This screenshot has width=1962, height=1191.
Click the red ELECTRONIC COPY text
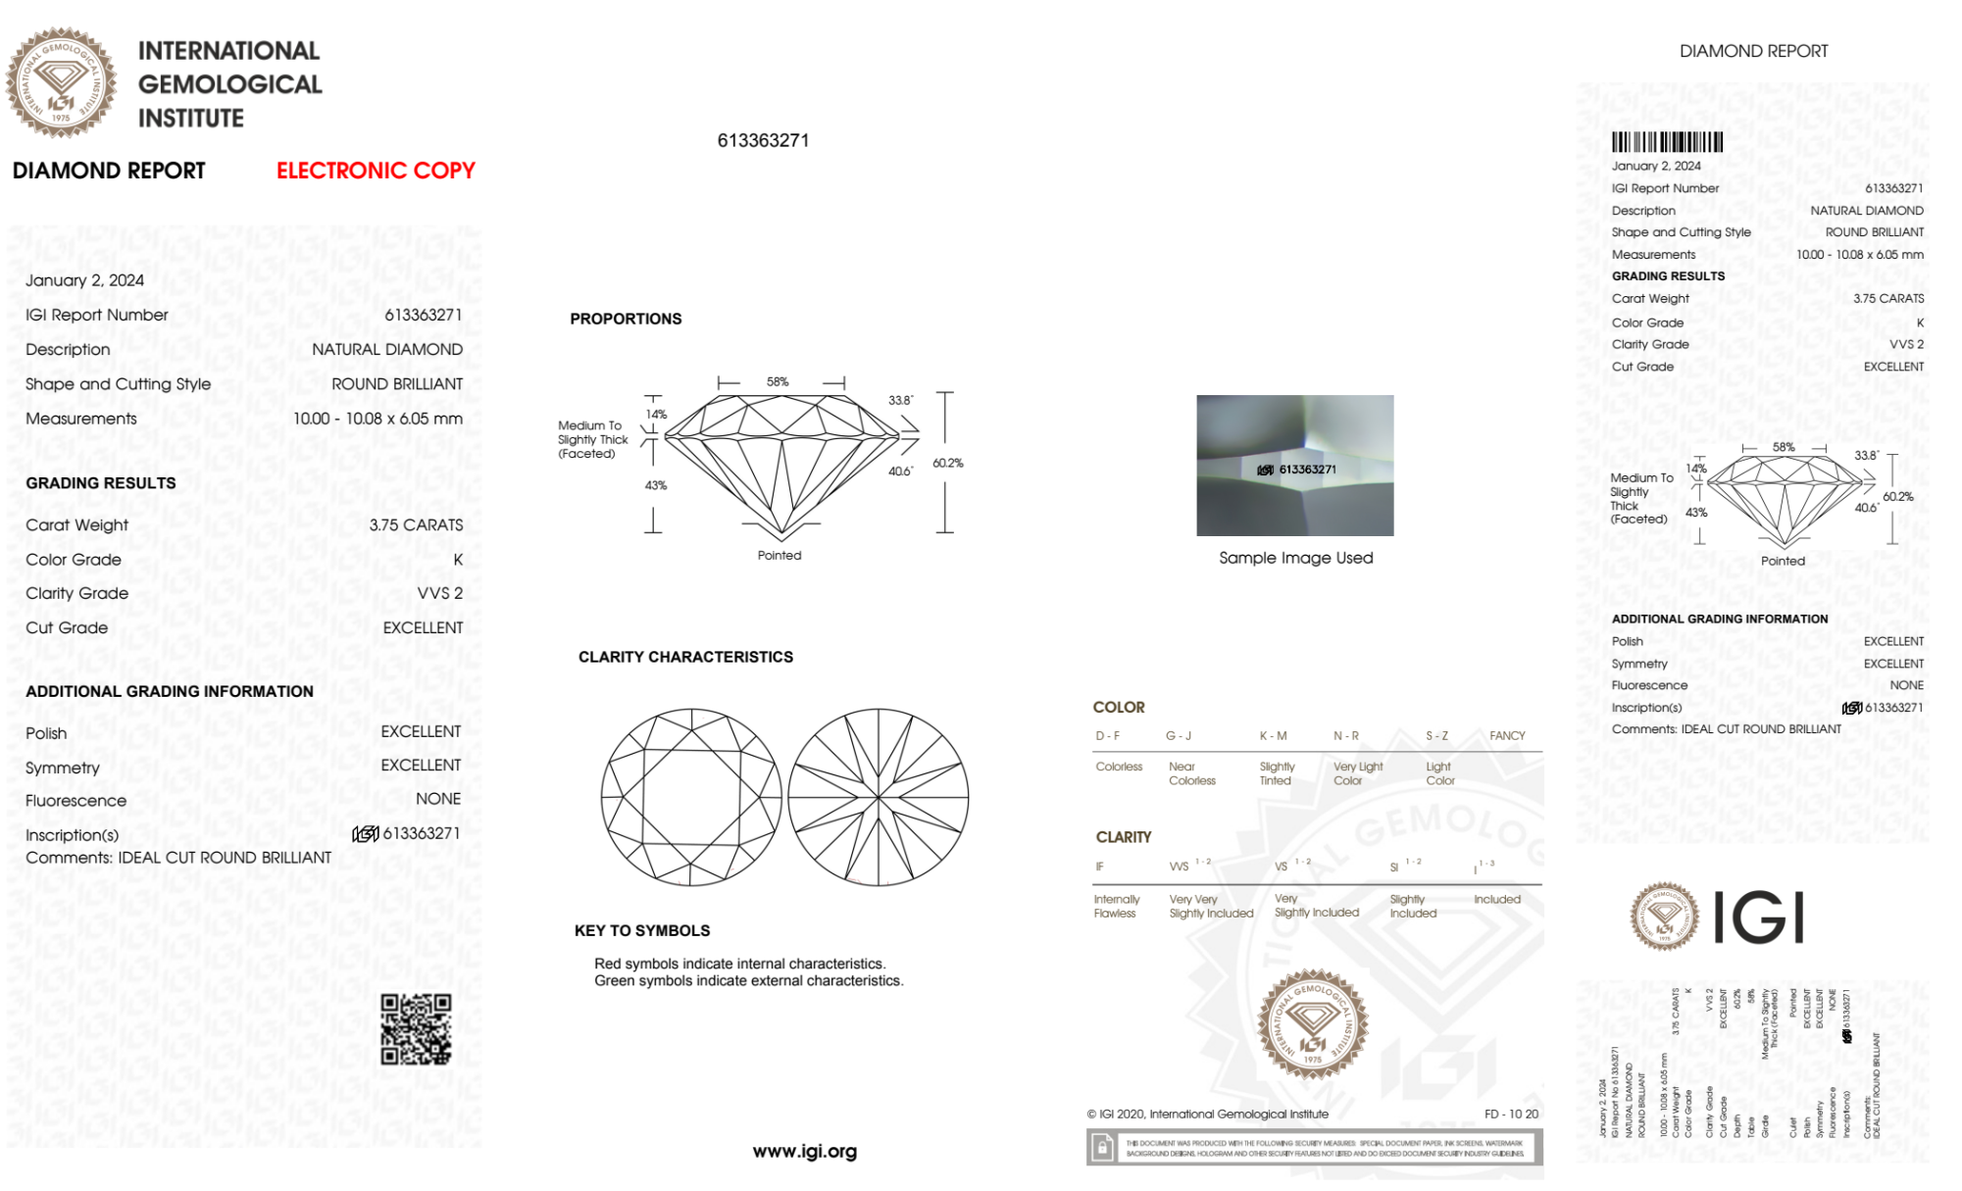coord(376,171)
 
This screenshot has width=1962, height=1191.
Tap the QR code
coord(416,1029)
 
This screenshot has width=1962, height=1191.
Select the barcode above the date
coord(1667,142)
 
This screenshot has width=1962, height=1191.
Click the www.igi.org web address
coord(804,1152)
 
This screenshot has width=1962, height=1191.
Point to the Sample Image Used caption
coord(1295,558)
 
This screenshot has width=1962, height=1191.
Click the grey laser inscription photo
coord(1294,465)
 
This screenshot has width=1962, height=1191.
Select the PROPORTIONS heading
coord(626,319)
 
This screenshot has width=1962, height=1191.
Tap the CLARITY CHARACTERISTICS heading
coord(685,657)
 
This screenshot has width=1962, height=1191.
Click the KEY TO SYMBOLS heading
coord(642,930)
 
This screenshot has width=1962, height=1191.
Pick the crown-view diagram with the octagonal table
coord(691,797)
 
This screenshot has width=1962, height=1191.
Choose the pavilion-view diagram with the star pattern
coord(879,797)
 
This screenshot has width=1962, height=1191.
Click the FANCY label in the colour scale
coord(1507,735)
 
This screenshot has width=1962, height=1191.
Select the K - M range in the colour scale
coord(1273,735)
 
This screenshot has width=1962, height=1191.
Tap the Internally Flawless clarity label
coord(1116,906)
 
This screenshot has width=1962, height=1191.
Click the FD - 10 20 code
coord(1511,1114)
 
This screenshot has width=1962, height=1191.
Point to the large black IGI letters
coord(1759,918)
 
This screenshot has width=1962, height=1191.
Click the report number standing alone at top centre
coord(763,140)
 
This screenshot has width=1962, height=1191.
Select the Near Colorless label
coord(1191,773)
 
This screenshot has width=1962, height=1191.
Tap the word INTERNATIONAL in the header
coord(228,51)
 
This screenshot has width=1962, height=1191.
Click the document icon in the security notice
coord(1102,1148)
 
